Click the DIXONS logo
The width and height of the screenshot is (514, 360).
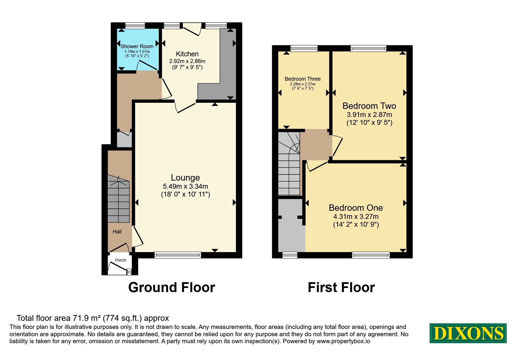(468, 333)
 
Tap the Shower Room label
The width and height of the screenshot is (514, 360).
(137, 46)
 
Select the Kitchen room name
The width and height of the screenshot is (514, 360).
(187, 54)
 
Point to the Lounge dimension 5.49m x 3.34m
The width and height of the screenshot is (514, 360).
(185, 186)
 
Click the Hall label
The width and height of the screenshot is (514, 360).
(117, 231)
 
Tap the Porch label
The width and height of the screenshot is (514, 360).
(120, 260)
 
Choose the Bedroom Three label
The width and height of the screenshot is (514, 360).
(303, 79)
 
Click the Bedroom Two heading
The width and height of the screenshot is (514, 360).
(369, 106)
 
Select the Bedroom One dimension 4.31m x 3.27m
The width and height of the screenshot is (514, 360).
(356, 217)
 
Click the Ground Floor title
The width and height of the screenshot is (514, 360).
(172, 287)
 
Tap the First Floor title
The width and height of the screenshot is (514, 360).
(341, 287)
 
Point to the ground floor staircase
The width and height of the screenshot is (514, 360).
(118, 199)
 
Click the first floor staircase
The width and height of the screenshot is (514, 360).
(289, 164)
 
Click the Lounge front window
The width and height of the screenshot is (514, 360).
(178, 255)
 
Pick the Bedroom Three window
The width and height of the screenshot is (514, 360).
(304, 48)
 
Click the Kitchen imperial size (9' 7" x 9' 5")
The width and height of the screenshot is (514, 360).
(187, 67)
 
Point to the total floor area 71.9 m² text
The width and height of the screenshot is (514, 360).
(93, 318)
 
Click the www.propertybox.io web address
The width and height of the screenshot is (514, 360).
(343, 341)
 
